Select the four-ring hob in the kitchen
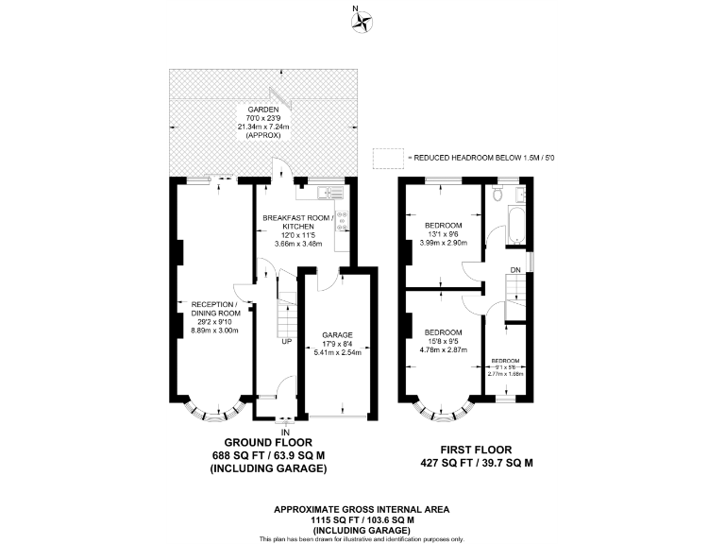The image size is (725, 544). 343,220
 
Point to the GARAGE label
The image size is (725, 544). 337,335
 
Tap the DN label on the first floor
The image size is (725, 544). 514,270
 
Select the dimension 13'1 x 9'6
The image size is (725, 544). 443,235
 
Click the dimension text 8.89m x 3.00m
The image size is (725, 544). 215,331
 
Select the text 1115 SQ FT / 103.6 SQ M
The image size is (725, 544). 362,519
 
